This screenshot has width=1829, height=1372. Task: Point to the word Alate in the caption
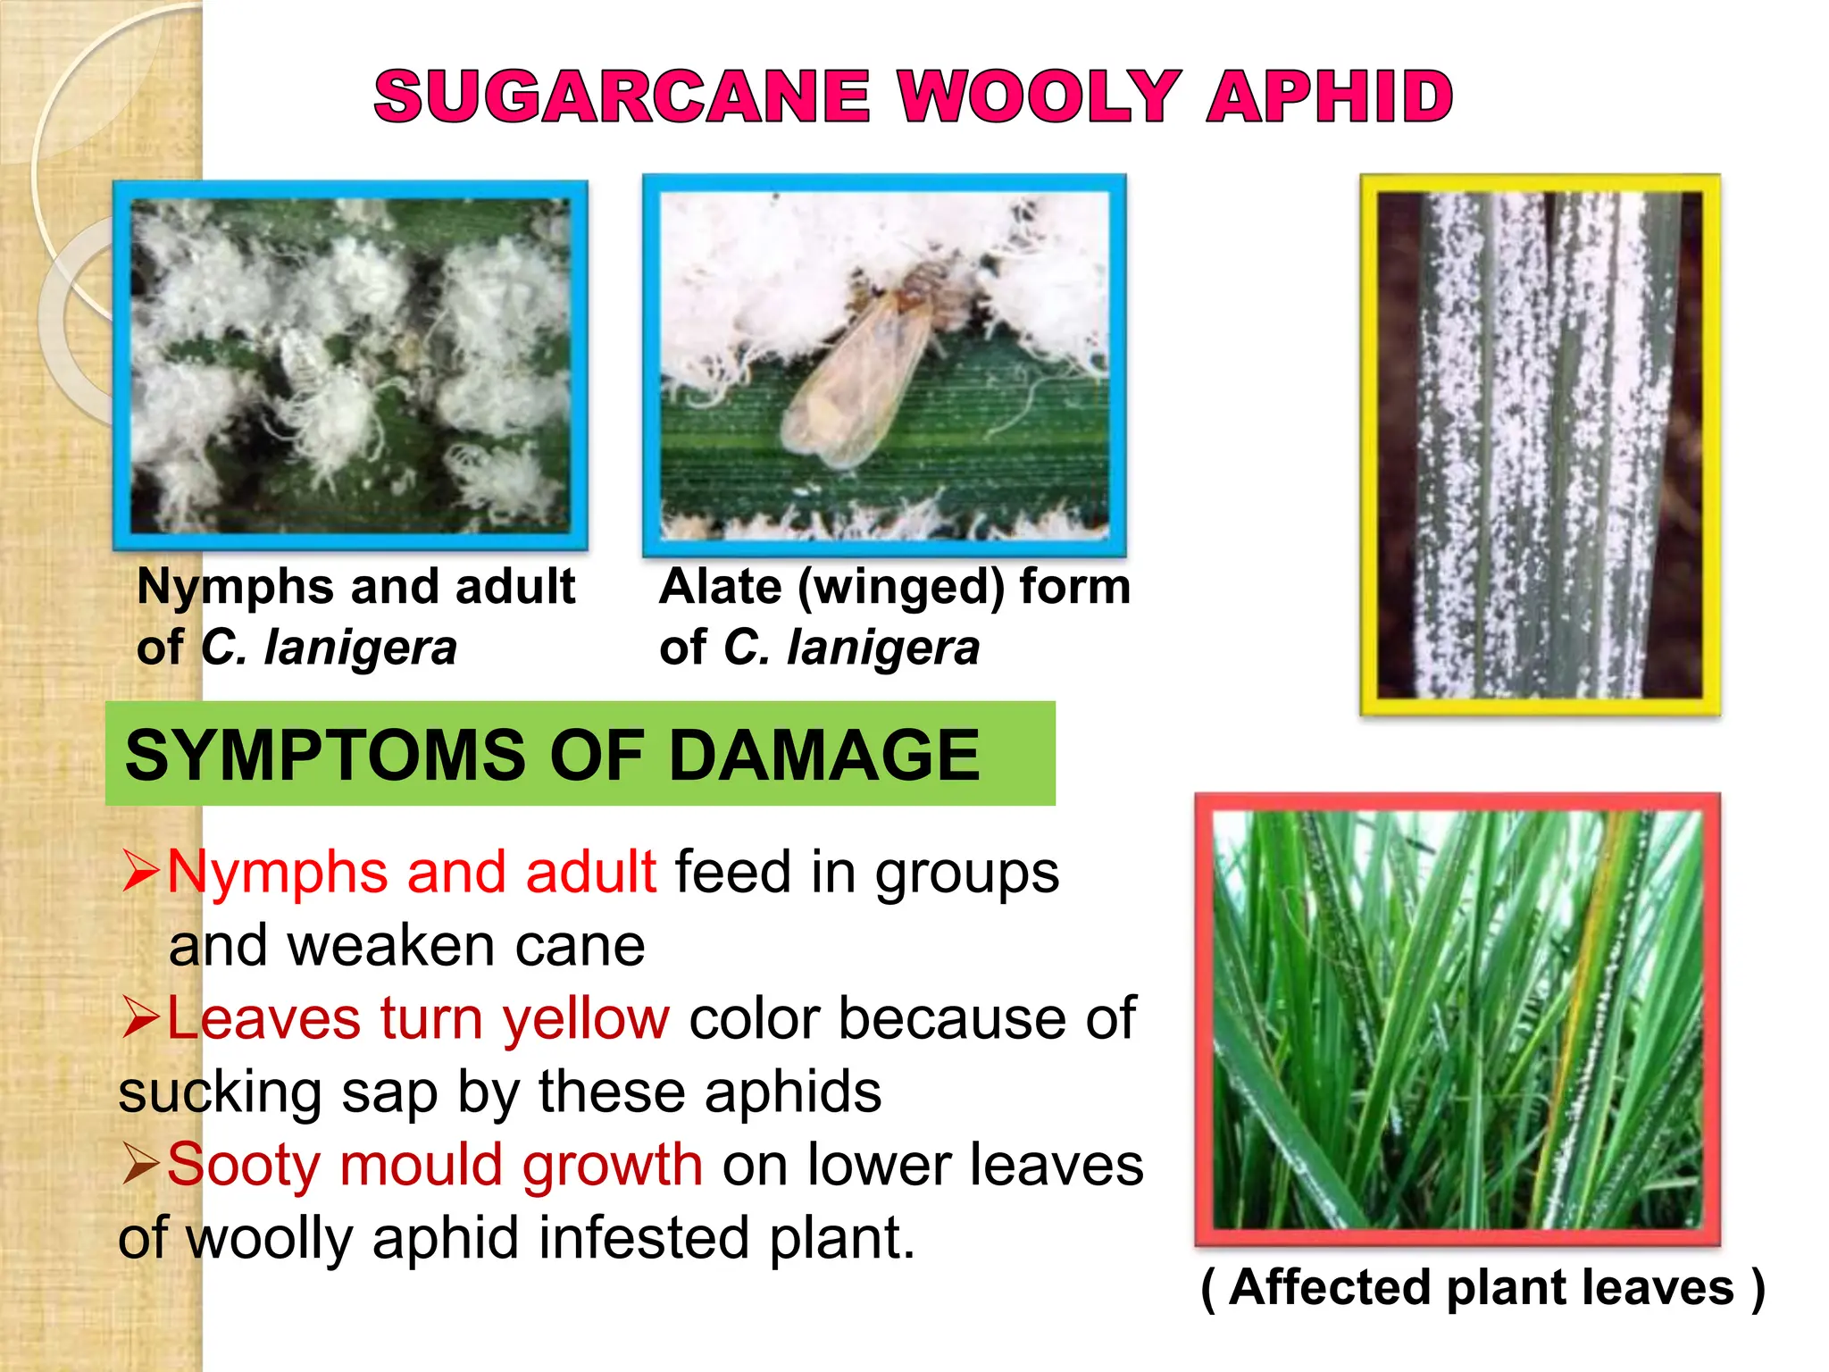point(720,587)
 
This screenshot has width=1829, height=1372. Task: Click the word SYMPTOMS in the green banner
point(326,755)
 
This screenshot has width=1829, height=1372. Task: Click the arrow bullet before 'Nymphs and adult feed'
point(141,872)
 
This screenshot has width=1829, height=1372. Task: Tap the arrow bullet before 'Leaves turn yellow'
point(141,1018)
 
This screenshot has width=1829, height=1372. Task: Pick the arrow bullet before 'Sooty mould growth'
point(141,1165)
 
